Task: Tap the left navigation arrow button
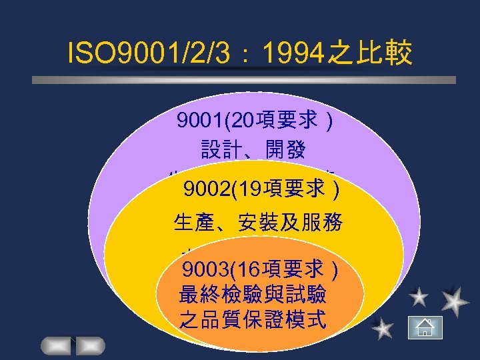tap(57, 346)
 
